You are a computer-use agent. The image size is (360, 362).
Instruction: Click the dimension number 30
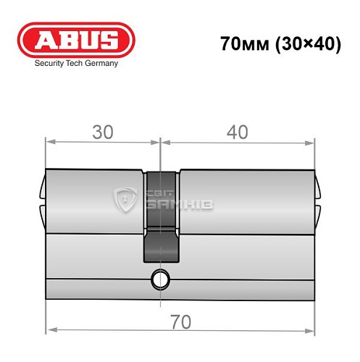tap(102, 132)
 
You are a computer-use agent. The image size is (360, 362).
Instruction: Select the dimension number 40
tap(237, 132)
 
